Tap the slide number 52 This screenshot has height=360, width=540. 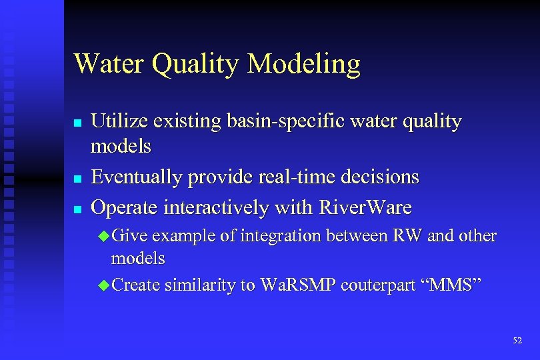click(x=517, y=341)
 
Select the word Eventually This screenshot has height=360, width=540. click(x=137, y=177)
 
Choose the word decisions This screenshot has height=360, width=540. click(x=380, y=177)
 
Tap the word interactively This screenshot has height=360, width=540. click(x=219, y=207)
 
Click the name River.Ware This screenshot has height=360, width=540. click(x=365, y=207)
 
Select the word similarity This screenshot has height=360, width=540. click(x=201, y=285)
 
